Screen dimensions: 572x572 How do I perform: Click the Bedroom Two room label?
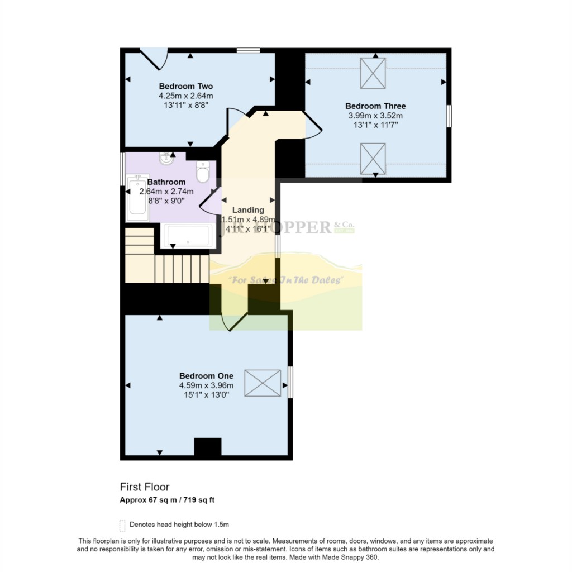tap(186, 86)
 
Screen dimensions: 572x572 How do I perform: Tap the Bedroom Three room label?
tap(375, 106)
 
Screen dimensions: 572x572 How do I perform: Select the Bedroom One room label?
tap(206, 376)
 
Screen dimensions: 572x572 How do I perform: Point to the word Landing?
tap(248, 210)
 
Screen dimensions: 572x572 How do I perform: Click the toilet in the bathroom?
tap(203, 171)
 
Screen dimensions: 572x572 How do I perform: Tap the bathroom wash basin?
tap(166, 160)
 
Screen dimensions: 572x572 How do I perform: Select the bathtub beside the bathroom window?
tap(137, 198)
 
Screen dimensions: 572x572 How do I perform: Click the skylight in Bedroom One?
tap(263, 384)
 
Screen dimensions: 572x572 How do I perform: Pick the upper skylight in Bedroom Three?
tap(373, 73)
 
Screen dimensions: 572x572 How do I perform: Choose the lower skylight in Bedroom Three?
tap(373, 158)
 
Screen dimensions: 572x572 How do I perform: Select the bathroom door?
tap(209, 201)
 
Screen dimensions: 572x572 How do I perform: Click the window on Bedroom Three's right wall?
tap(449, 116)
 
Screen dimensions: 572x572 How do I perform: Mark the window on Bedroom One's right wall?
tap(290, 382)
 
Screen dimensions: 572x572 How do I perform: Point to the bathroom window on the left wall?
tap(122, 168)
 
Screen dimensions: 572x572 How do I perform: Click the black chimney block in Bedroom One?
tap(208, 447)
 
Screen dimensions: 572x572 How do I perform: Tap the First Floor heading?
tap(145, 487)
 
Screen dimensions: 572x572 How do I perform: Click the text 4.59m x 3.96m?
tap(206, 385)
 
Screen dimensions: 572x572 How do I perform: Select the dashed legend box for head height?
tap(122, 525)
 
